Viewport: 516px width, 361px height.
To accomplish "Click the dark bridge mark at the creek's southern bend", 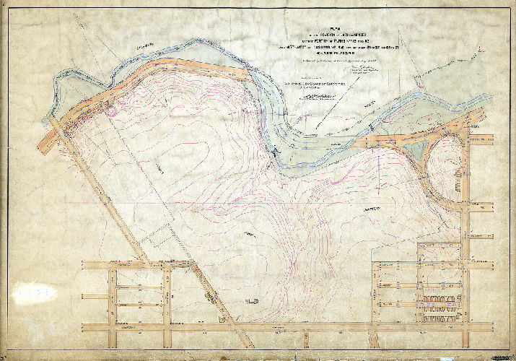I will click(274, 150).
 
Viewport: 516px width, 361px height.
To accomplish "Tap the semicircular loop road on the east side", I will click(433, 170).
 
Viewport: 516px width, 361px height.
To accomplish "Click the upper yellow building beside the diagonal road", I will click(209, 295).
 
